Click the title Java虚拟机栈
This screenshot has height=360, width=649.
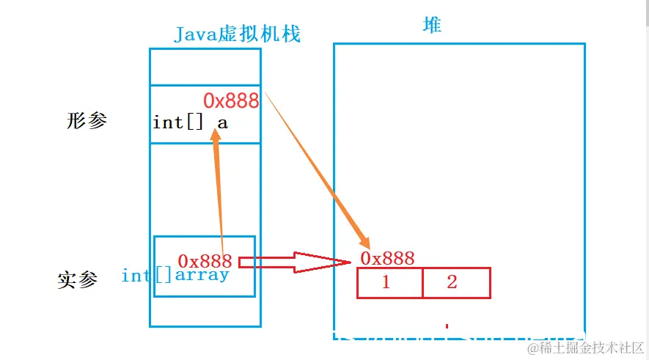pyautogui.click(x=238, y=34)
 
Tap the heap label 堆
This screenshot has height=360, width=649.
pyautogui.click(x=432, y=25)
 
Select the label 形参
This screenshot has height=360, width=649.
pyautogui.click(x=87, y=122)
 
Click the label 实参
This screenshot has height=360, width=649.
pyautogui.click(x=77, y=280)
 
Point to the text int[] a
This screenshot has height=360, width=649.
pyautogui.click(x=190, y=122)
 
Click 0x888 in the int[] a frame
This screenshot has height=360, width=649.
pyautogui.click(x=231, y=100)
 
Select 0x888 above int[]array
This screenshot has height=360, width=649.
pyautogui.click(x=205, y=261)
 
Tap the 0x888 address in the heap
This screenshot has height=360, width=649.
pyautogui.click(x=387, y=258)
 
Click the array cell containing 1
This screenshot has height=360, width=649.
pyautogui.click(x=389, y=283)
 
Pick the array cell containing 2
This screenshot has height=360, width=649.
pyautogui.click(x=455, y=283)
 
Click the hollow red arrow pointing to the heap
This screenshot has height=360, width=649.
pyautogui.click(x=293, y=261)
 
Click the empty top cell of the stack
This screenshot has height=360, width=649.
pyautogui.click(x=205, y=67)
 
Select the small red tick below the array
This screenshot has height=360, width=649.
pyautogui.click(x=446, y=326)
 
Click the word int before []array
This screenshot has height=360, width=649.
pyautogui.click(x=136, y=276)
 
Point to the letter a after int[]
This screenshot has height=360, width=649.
pyautogui.click(x=222, y=122)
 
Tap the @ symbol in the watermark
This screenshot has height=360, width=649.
pyautogui.click(x=533, y=347)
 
